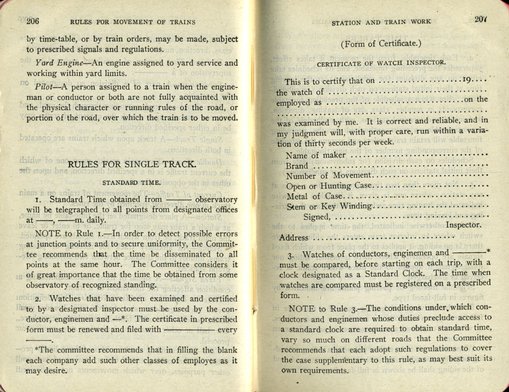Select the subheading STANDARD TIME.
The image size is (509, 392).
131,183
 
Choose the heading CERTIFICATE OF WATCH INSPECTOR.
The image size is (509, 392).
381,63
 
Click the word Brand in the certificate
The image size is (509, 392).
297,166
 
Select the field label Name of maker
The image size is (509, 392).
315,155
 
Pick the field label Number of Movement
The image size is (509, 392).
328,176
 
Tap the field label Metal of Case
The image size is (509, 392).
314,197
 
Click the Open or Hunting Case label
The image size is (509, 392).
328,186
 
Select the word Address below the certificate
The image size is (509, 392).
294,238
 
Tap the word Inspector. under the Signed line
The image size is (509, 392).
463,225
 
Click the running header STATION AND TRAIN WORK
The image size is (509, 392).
381,23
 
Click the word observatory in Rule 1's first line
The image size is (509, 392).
216,200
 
